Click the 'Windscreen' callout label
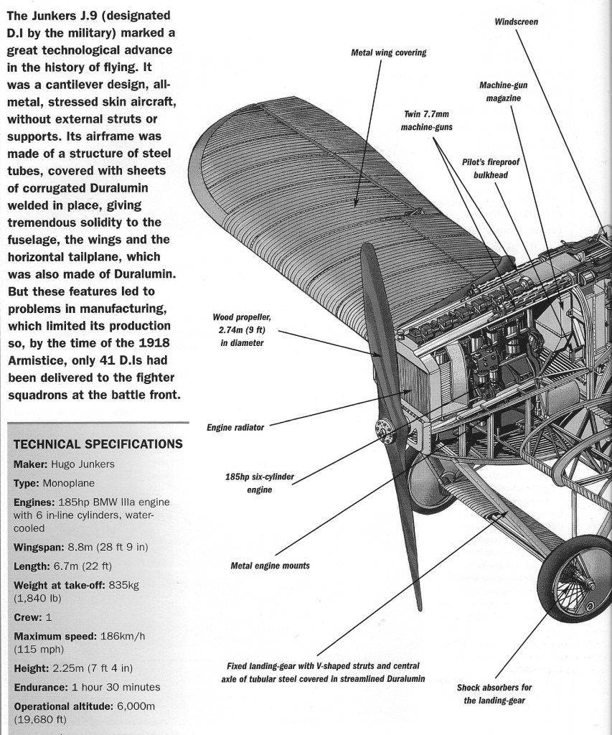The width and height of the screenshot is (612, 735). click(516, 22)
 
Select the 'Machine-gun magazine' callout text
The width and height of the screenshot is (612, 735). click(499, 91)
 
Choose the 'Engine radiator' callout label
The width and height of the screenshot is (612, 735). click(235, 427)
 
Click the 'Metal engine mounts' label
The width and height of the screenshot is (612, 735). click(270, 566)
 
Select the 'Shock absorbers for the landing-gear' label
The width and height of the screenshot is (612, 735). click(494, 693)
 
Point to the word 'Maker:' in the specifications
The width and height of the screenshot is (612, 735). click(30, 464)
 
